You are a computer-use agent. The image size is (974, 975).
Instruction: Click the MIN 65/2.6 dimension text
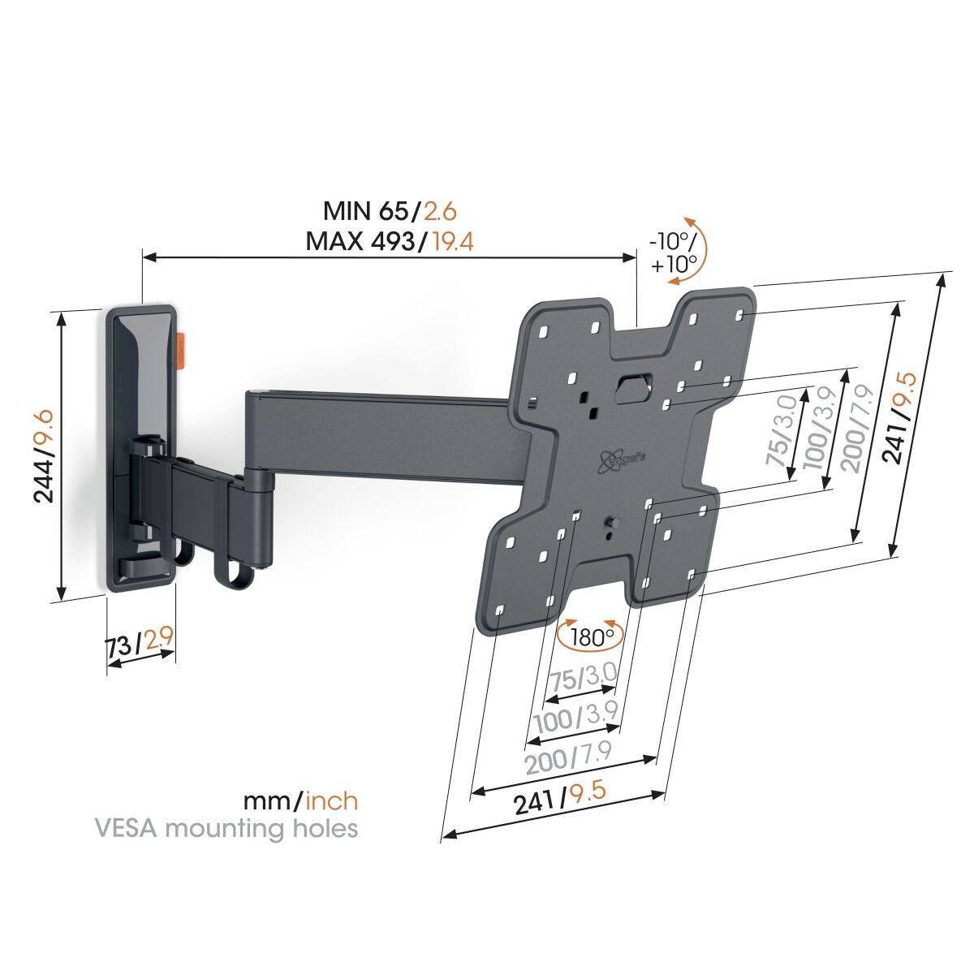coord(390,212)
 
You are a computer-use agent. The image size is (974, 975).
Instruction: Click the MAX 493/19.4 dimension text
coord(390,241)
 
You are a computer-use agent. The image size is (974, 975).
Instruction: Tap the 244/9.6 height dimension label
coord(41,457)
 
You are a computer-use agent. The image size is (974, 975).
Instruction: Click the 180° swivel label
coord(592,637)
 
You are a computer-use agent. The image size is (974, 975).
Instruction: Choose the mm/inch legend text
coord(300,801)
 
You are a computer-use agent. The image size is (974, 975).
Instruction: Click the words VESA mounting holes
coord(226,829)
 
